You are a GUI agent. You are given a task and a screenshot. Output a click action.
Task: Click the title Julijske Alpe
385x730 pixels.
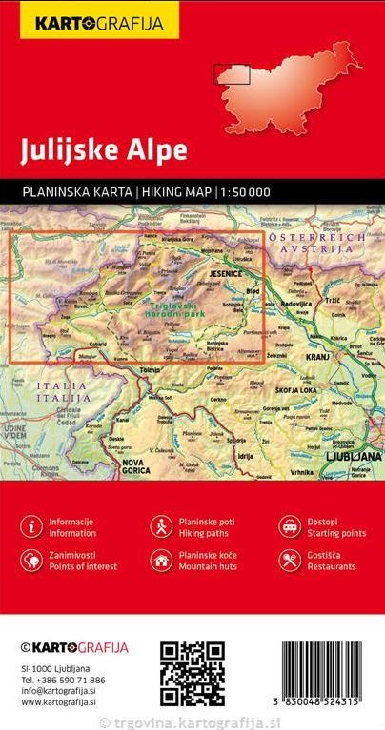91,150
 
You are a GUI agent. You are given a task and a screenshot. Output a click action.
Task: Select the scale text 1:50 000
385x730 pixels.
245,192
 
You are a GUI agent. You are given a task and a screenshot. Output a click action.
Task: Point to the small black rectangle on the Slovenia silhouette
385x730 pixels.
232,73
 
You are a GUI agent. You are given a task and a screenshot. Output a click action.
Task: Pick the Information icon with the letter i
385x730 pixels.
32,525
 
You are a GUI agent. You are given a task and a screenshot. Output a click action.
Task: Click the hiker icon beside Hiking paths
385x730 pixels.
160,525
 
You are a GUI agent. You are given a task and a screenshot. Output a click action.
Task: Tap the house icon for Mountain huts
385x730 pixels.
160,559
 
